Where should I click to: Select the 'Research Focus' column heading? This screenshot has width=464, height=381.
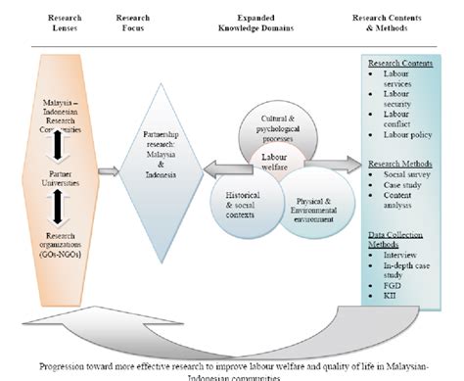click(x=133, y=23)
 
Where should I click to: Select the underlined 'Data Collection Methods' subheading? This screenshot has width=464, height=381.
click(x=394, y=231)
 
